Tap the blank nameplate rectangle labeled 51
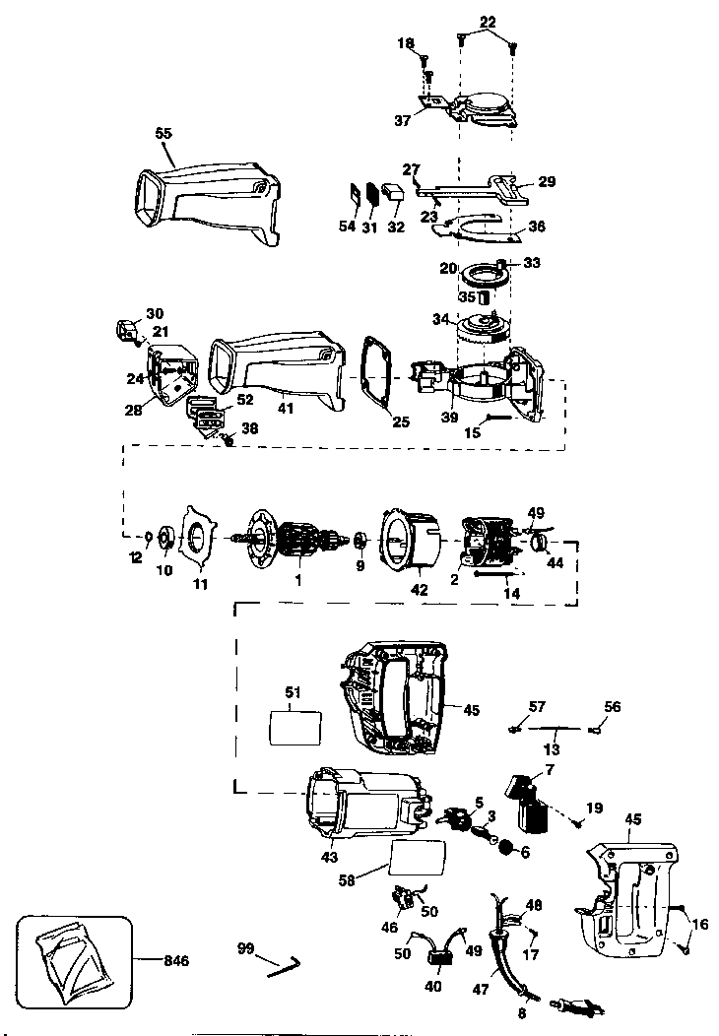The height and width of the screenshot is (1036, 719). (x=296, y=731)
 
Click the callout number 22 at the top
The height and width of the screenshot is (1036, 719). (x=489, y=21)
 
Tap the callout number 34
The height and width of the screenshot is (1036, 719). (x=439, y=319)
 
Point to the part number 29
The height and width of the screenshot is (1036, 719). (x=547, y=182)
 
